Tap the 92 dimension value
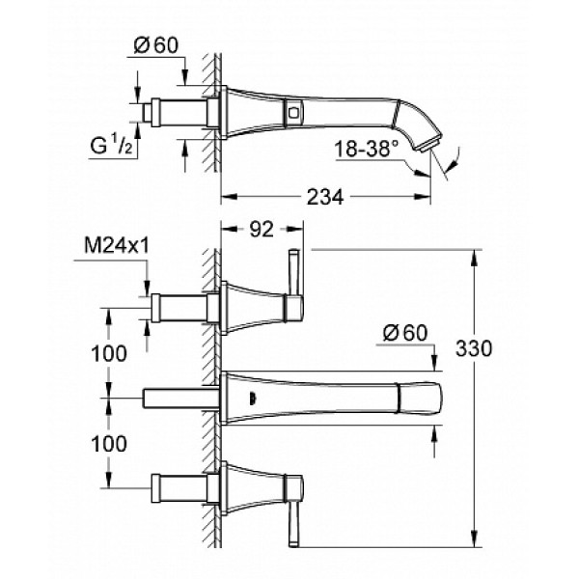[259, 230]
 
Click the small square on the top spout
[291, 113]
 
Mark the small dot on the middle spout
[252, 396]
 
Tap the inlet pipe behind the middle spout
[181, 397]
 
